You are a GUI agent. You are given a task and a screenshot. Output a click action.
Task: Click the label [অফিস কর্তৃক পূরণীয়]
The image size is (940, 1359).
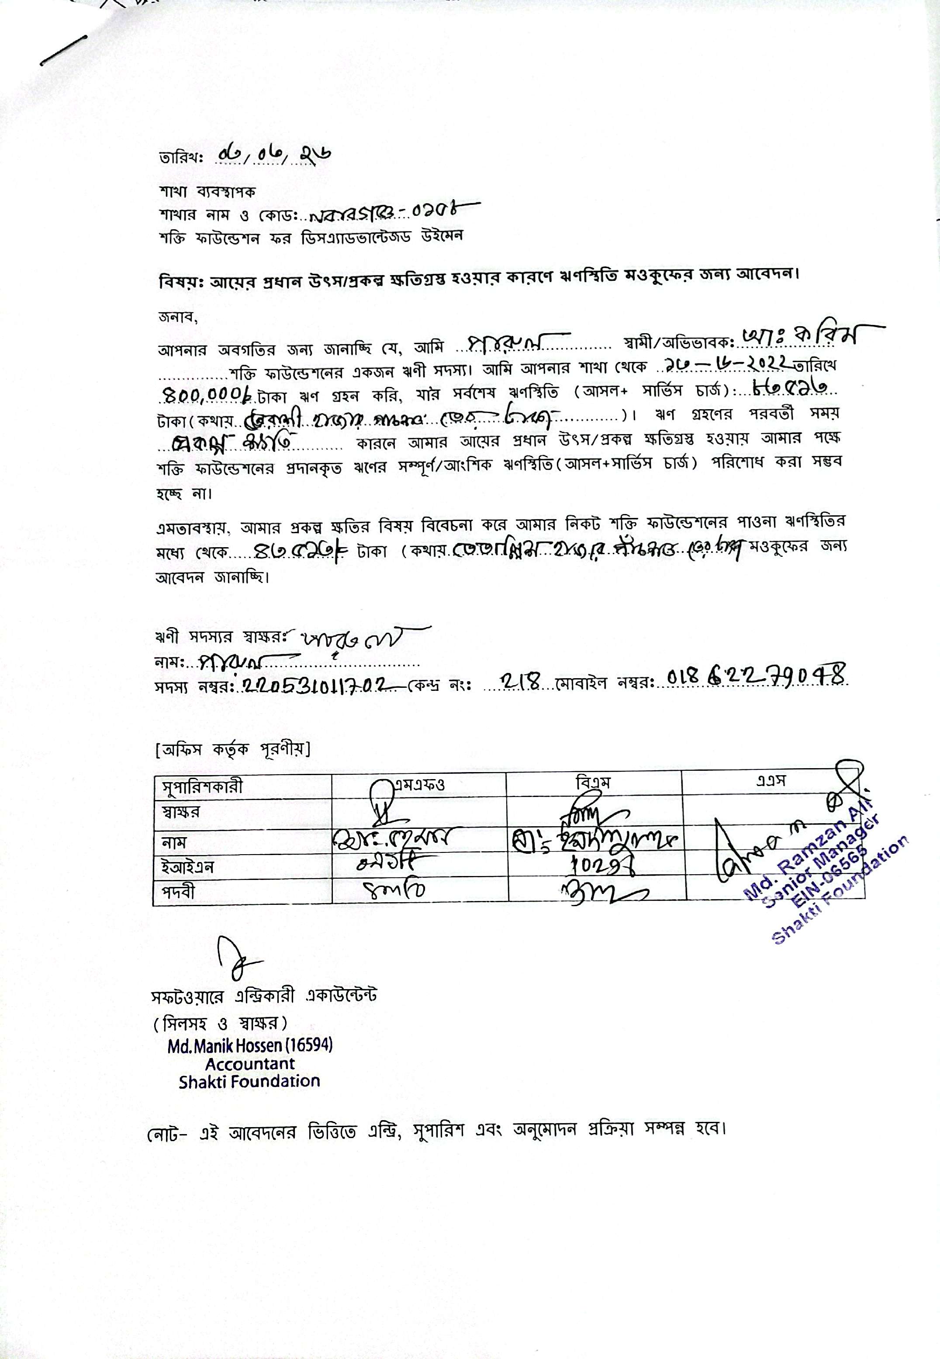[x=233, y=749]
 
